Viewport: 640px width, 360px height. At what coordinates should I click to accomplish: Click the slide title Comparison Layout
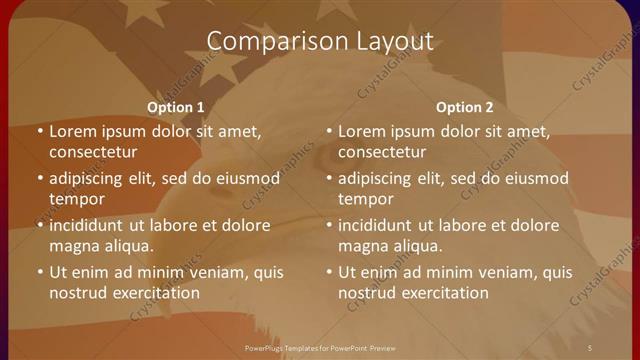[x=320, y=41]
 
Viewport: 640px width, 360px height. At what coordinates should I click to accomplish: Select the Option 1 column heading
[x=176, y=107]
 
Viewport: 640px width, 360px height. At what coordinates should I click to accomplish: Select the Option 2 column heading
[x=465, y=107]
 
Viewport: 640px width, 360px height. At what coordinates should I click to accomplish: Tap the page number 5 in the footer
[x=589, y=346]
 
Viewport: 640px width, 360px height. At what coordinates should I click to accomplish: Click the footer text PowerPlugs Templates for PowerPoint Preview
[x=320, y=346]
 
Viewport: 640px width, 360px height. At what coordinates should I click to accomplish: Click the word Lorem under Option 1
[x=72, y=131]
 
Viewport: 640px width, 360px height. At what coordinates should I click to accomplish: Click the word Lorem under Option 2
[x=361, y=131]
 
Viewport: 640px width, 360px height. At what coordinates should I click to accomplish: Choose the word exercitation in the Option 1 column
[x=152, y=293]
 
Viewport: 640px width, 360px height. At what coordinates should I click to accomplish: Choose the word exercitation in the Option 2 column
[x=441, y=293]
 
